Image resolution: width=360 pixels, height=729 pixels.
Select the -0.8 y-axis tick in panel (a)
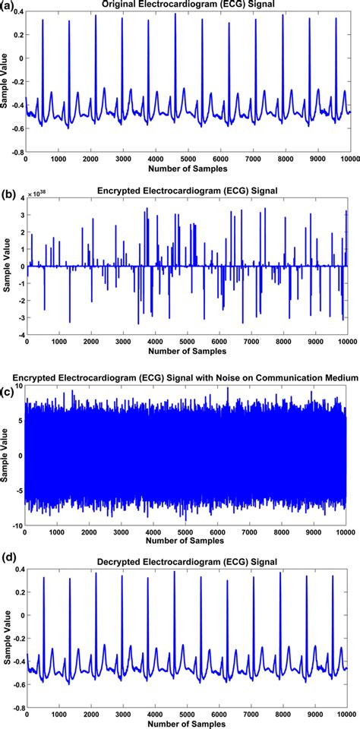click(x=16, y=152)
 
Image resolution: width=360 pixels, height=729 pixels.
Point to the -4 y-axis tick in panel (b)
click(x=19, y=334)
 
